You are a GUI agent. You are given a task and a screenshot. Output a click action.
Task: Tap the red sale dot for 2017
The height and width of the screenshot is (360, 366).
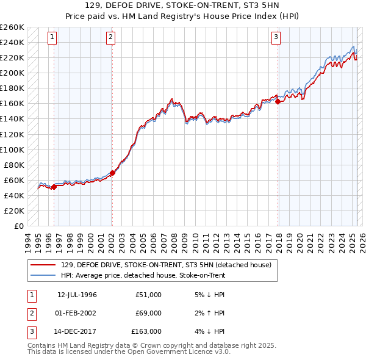(278, 102)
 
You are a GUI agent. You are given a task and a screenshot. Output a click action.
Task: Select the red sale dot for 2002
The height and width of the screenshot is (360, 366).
(112, 173)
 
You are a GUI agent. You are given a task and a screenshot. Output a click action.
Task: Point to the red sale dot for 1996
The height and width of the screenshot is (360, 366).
(54, 187)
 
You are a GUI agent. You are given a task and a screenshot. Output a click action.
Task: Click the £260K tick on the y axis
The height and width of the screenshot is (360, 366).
(12, 27)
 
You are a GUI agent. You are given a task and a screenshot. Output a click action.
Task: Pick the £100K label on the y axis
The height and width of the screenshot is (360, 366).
(12, 149)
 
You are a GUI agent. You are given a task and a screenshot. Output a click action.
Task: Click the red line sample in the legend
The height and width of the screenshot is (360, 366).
(43, 264)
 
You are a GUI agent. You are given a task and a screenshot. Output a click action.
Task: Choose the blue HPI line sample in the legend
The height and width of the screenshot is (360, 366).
(43, 275)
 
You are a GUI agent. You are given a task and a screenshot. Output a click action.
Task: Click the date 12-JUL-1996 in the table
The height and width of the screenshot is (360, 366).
(77, 295)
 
